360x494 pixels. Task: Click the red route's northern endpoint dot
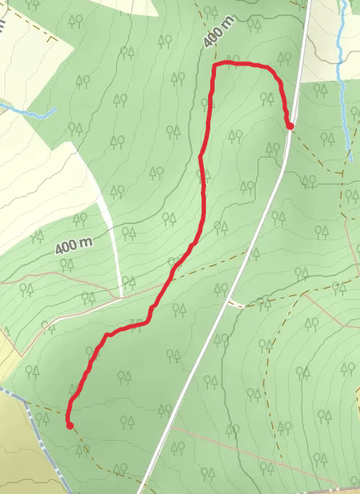pyautogui.click(x=290, y=127)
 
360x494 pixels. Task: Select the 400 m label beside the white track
pyautogui.click(x=75, y=246)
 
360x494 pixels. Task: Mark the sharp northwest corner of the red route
pyautogui.click(x=215, y=66)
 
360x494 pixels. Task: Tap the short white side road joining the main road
pyautogui.click(x=236, y=304)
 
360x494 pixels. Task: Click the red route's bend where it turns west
pyautogui.click(x=108, y=336)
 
